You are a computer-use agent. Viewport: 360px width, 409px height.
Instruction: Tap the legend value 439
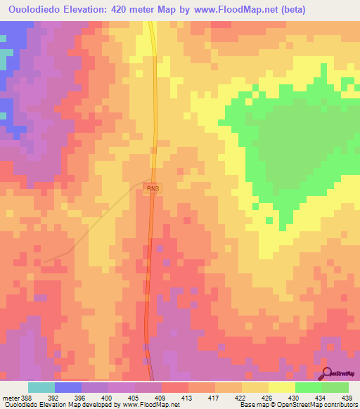pyautogui.click(x=347, y=398)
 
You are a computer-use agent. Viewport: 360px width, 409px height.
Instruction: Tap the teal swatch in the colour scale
pyautogui.click(x=41, y=387)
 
